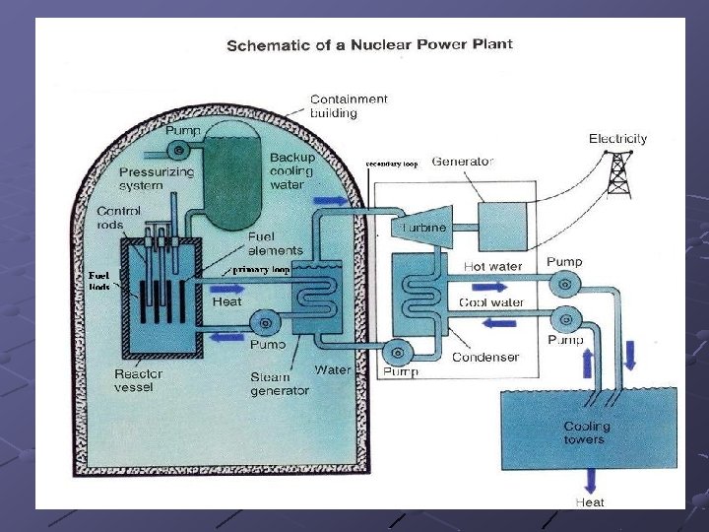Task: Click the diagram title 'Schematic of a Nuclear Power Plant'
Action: pos(369,44)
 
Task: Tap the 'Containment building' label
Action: pos(349,105)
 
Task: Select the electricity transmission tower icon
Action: pos(618,174)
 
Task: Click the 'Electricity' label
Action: pos(617,139)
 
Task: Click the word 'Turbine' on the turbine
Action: pos(424,228)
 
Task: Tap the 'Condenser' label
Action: pos(485,357)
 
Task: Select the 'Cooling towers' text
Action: pos(586,432)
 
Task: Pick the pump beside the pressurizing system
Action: pos(180,149)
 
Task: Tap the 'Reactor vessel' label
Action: pos(139,380)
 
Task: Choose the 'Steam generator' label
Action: pos(279,383)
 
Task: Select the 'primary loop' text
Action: pos(260,269)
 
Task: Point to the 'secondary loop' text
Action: pos(392,165)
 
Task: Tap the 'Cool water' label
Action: pos(491,301)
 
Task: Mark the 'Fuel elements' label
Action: pos(276,243)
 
